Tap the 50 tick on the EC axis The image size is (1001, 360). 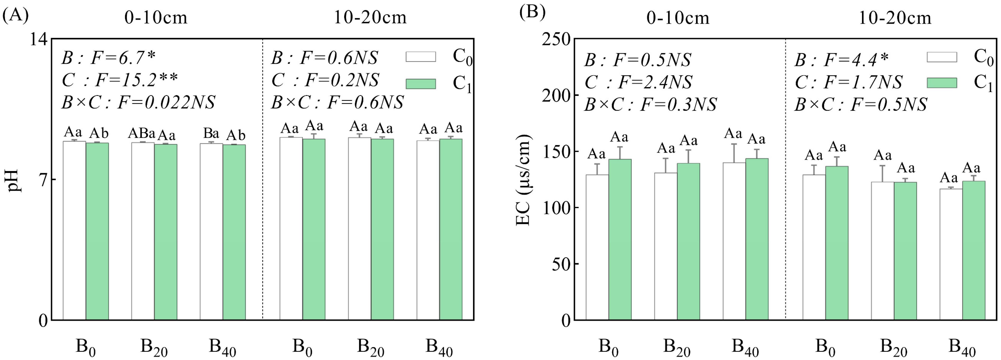pyautogui.click(x=562, y=264)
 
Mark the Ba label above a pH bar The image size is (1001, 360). pyautogui.click(x=211, y=134)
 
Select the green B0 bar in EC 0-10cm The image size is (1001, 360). pyautogui.click(x=620, y=239)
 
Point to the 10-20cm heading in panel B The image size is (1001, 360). pyautogui.click(x=894, y=18)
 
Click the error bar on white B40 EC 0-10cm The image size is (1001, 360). pyautogui.click(x=734, y=153)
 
